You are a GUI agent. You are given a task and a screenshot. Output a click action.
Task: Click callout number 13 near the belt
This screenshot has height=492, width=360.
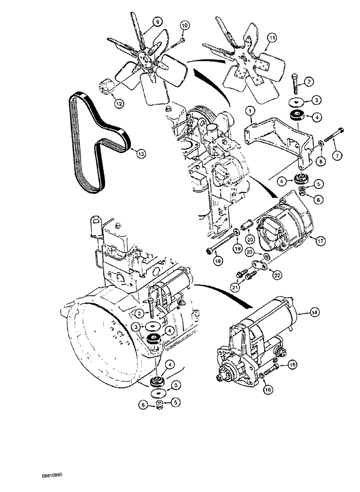click(141, 154)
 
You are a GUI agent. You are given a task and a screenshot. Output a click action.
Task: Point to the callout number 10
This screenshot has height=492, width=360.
click(184, 25)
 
